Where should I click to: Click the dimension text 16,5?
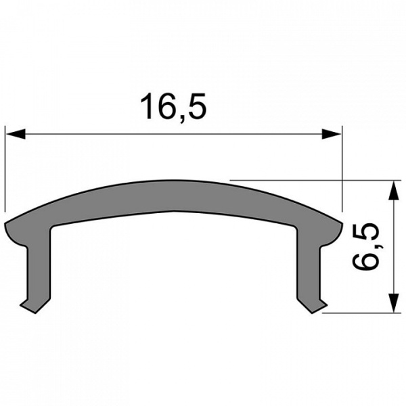coord(173,106)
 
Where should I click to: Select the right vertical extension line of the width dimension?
coord(342,169)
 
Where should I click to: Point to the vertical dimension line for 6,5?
coord(392,247)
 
